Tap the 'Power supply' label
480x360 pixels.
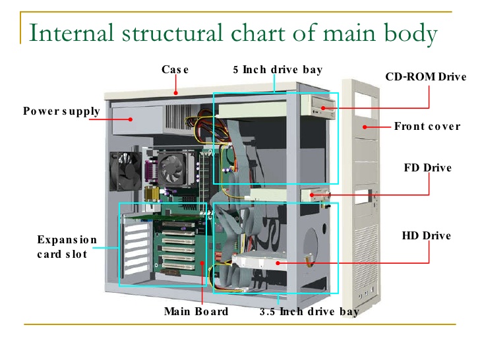61,111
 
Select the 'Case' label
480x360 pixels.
175,69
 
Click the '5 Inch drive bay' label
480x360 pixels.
278,69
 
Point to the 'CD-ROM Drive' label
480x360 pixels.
425,77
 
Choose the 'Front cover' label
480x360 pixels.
427,126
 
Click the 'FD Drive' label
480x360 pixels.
427,167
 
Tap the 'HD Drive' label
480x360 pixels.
426,235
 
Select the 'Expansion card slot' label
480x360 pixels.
67,247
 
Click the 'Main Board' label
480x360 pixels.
196,311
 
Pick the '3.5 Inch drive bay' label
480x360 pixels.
309,311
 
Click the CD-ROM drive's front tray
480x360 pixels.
322,105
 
